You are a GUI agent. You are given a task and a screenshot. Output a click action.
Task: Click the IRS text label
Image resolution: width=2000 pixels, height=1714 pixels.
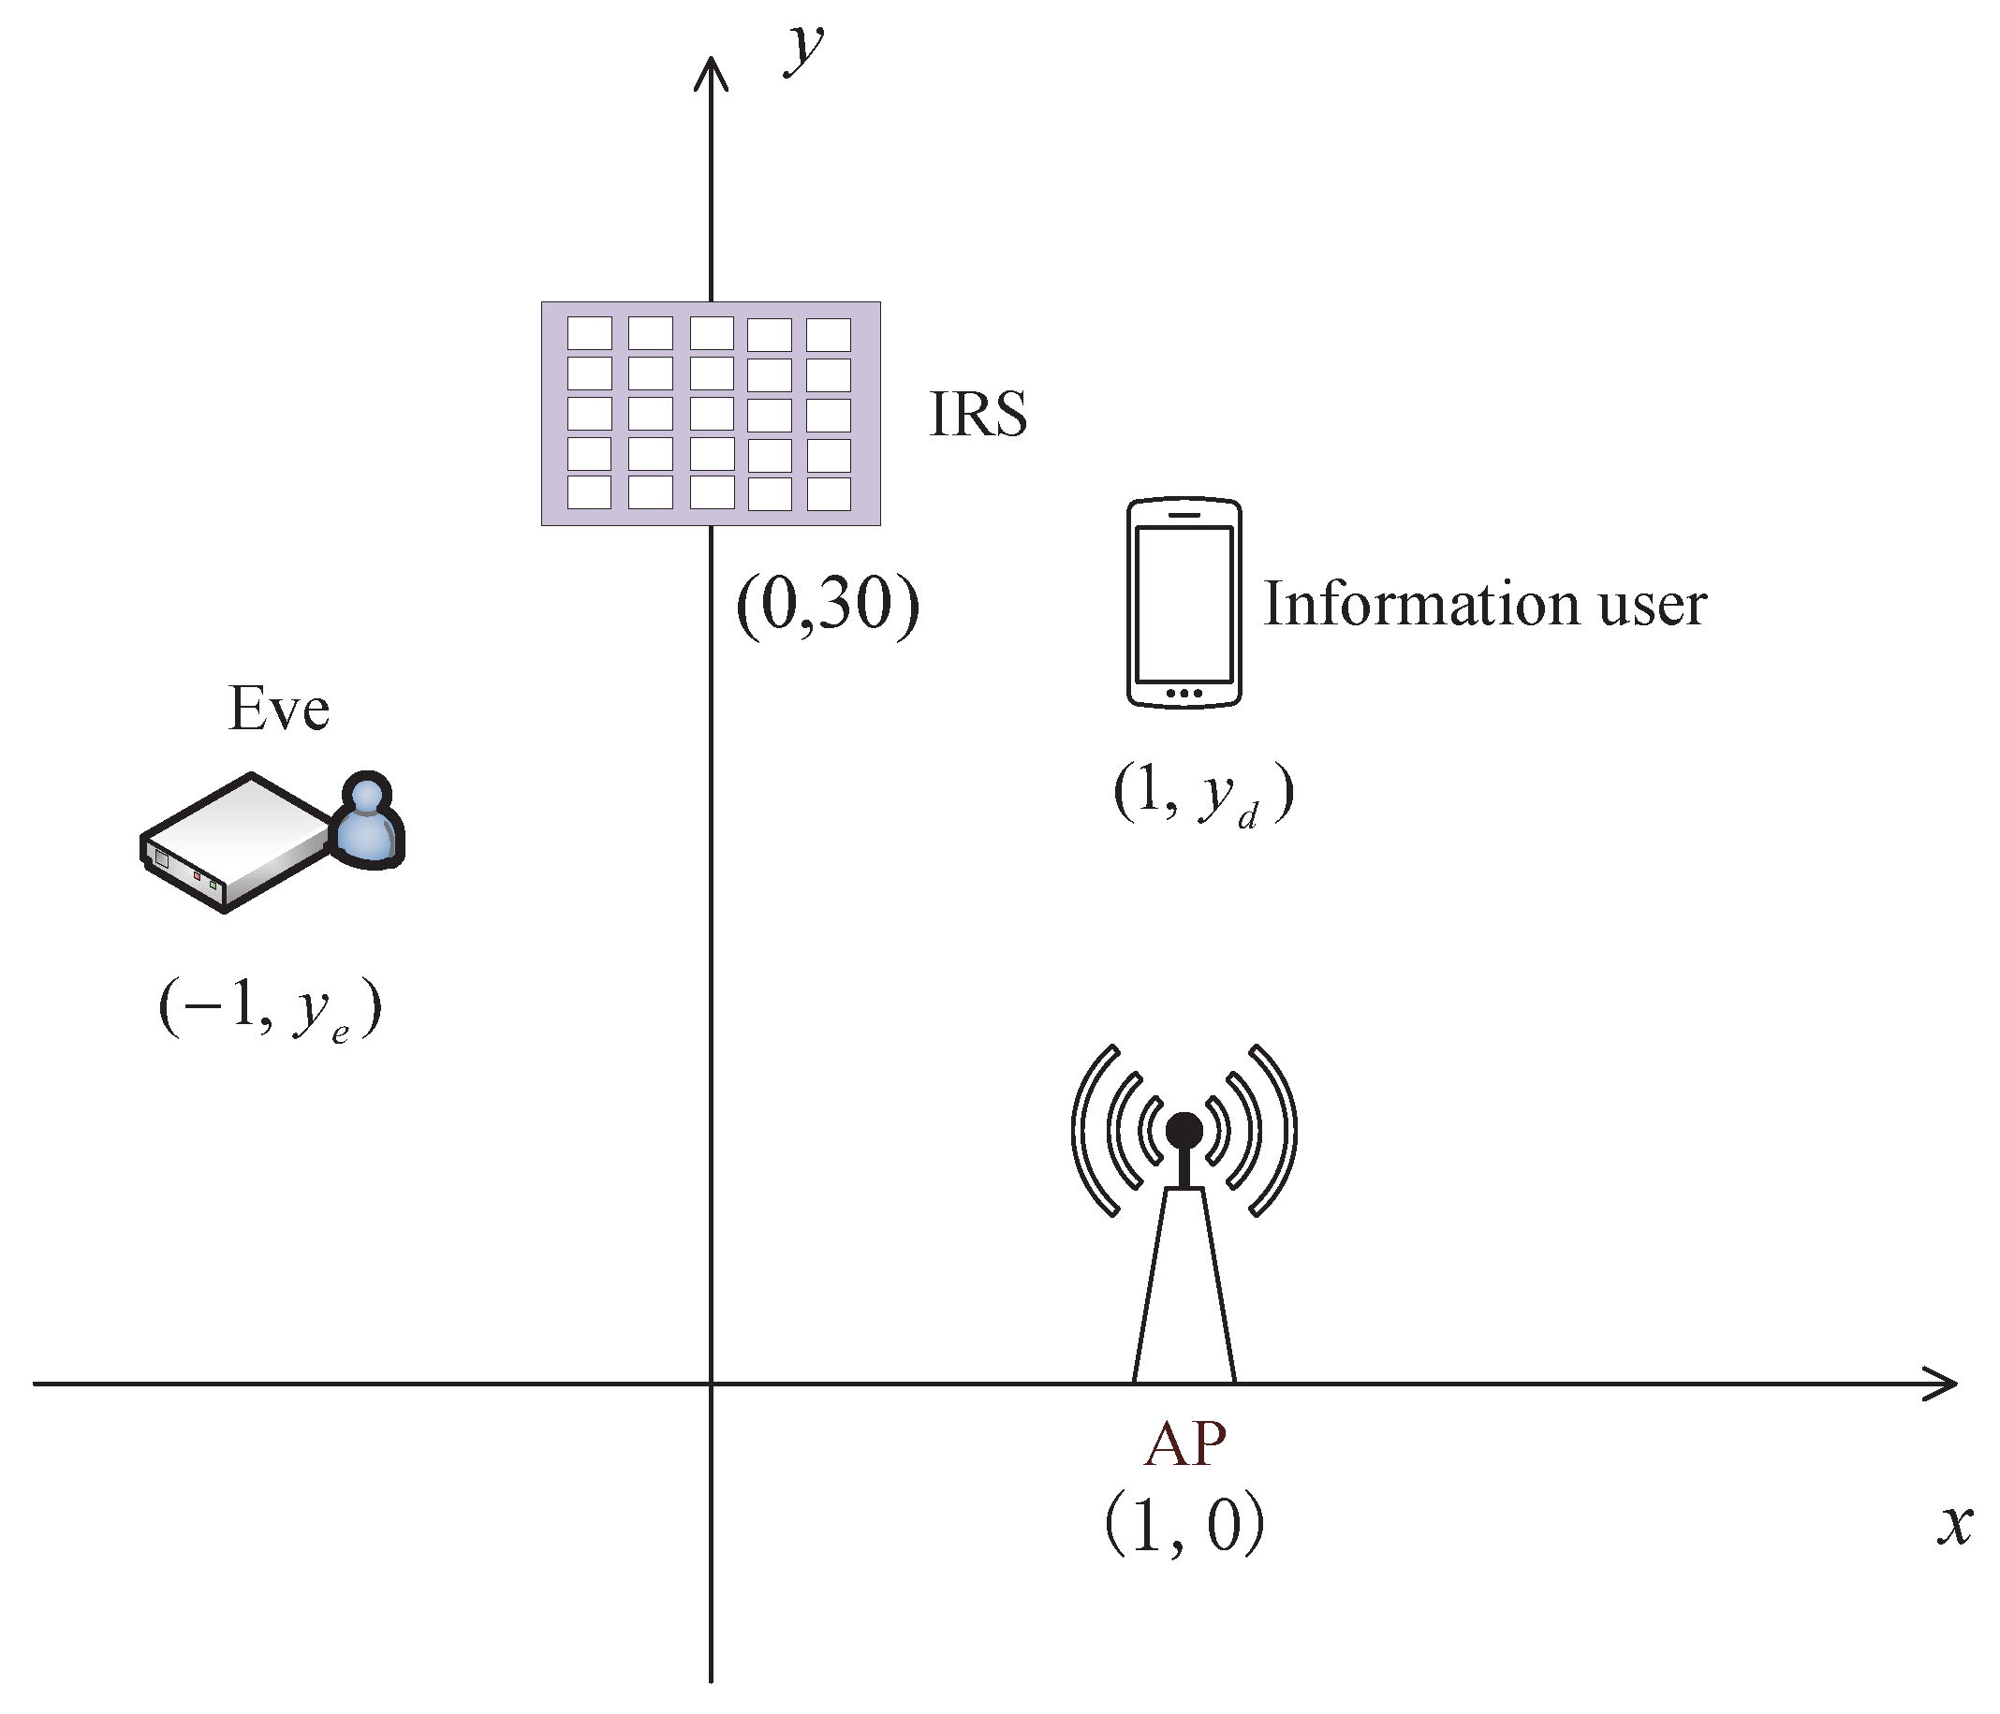point(977,414)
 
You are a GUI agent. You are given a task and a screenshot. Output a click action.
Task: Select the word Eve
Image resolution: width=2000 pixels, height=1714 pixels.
point(278,710)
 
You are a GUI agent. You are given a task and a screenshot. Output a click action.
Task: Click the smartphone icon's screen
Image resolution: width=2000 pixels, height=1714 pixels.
point(1184,604)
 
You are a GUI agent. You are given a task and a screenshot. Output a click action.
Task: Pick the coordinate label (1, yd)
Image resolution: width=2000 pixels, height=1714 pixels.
point(1202,793)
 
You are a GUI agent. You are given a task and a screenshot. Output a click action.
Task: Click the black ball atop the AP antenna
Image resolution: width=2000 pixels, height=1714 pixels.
point(1184,1130)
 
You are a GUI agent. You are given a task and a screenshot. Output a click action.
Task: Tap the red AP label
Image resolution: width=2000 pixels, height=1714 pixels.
point(1184,1444)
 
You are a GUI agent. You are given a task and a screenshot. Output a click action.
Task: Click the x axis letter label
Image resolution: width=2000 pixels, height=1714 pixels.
point(1955,1525)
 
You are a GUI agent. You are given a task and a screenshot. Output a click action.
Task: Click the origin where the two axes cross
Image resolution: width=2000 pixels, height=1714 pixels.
point(711,1384)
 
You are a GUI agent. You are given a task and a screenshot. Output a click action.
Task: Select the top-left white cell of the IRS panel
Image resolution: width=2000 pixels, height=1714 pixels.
point(589,333)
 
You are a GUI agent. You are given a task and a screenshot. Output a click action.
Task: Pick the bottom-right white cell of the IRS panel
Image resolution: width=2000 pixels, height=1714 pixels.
point(829,493)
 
